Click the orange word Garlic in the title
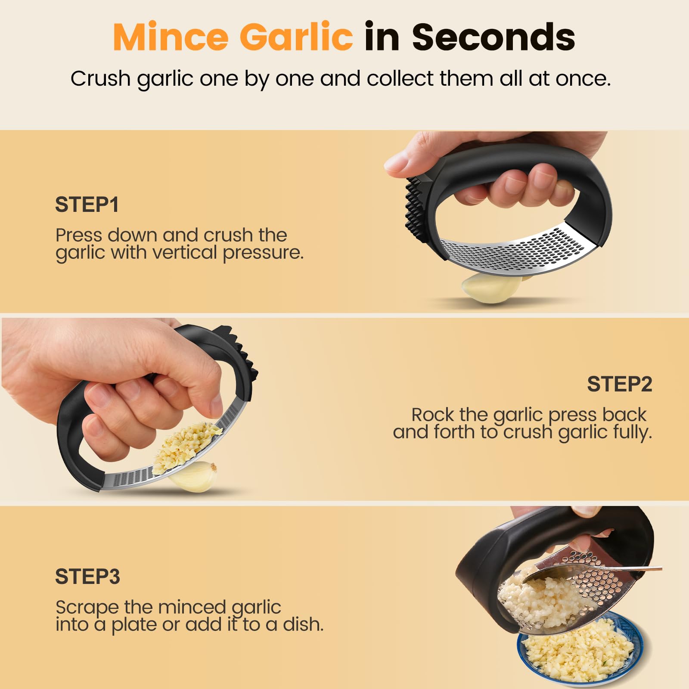(296, 37)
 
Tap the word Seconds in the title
(493, 37)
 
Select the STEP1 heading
(87, 205)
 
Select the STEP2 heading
(619, 384)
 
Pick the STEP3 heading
(87, 577)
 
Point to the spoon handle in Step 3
(637, 570)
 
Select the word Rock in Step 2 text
(433, 415)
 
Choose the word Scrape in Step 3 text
(87, 607)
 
